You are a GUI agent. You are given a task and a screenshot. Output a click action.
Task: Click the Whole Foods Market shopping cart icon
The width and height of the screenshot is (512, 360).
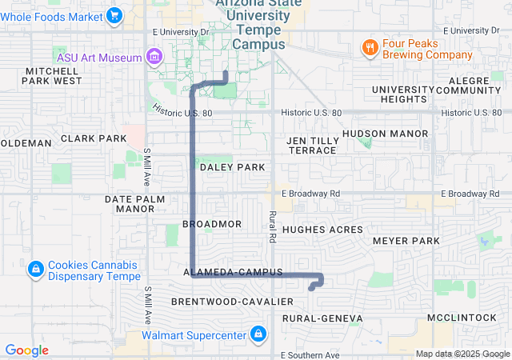pyautogui.click(x=114, y=15)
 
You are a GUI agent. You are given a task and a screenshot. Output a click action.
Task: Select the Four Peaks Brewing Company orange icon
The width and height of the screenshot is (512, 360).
pyautogui.click(x=369, y=47)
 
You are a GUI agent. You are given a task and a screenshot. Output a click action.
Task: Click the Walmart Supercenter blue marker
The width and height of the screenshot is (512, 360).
pyautogui.click(x=258, y=334)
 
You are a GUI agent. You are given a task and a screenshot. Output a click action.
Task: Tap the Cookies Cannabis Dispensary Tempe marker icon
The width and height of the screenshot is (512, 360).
pyautogui.click(x=36, y=270)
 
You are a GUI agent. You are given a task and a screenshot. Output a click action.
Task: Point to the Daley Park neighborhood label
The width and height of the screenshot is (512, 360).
pyautogui.click(x=232, y=167)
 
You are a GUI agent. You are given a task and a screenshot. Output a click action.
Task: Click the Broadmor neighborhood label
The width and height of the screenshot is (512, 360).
pyautogui.click(x=212, y=225)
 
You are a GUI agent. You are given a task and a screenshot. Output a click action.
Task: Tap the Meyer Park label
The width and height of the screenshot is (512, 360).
pyautogui.click(x=406, y=241)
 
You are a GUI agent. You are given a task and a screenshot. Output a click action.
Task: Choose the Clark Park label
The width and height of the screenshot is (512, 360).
pyautogui.click(x=94, y=138)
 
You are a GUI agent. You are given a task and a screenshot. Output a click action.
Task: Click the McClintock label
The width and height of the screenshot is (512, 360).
pyautogui.click(x=462, y=318)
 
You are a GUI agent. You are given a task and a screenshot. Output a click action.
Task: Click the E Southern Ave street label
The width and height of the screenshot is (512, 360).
pyautogui.click(x=311, y=354)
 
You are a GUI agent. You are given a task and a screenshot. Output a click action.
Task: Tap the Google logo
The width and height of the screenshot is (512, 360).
pyautogui.click(x=27, y=350)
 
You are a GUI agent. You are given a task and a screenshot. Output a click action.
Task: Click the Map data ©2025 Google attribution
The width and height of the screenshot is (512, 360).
pyautogui.click(x=462, y=354)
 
